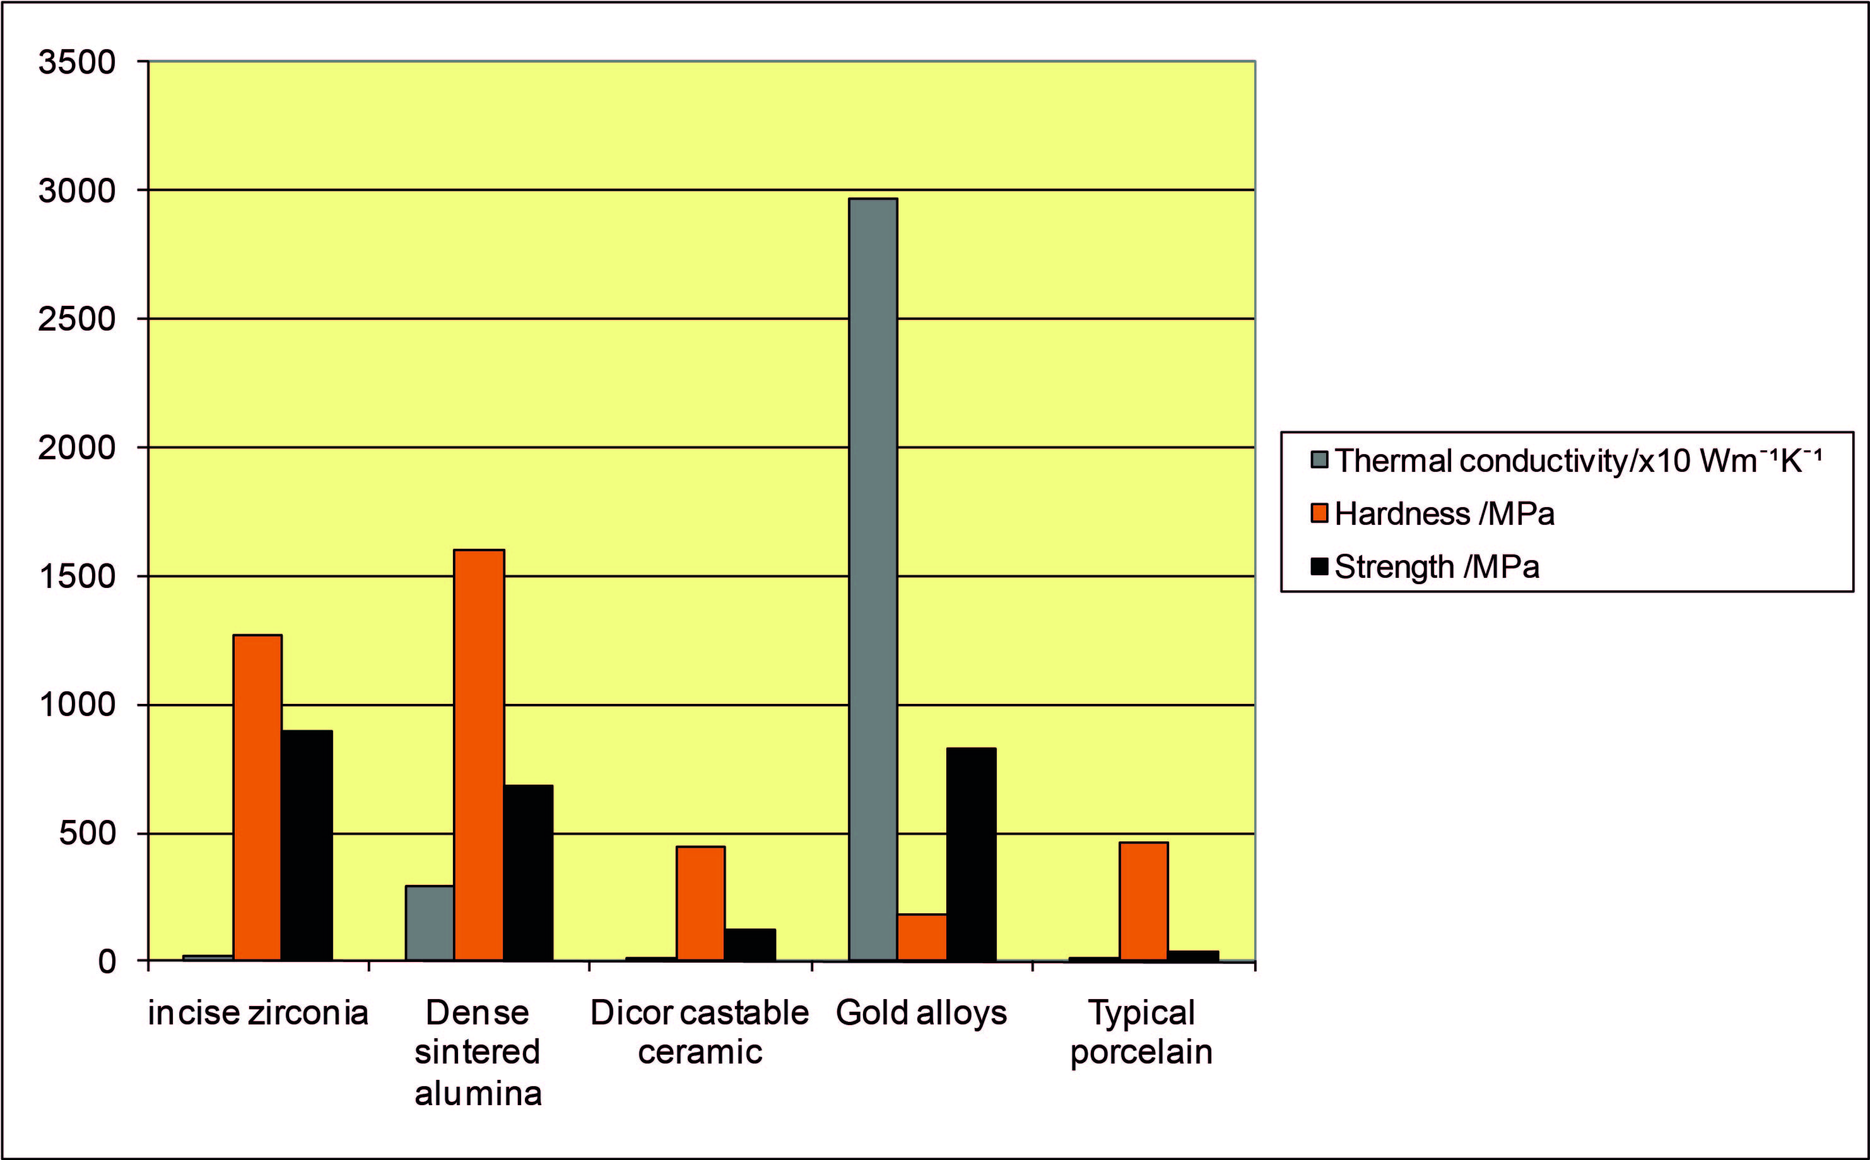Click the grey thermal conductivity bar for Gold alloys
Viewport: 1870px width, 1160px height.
(873, 579)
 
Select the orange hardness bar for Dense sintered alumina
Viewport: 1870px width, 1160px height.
(479, 755)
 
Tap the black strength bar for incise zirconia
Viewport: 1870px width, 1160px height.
(307, 845)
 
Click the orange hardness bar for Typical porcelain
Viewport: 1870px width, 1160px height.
(1143, 901)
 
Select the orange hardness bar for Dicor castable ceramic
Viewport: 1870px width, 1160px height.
(700, 903)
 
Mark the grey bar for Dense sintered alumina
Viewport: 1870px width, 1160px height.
(430, 923)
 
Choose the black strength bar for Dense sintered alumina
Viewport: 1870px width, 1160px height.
(528, 872)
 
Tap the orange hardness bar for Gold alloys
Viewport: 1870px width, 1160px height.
(922, 937)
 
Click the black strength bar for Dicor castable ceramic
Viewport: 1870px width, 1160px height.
(750, 944)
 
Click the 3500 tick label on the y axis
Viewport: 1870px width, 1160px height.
(77, 62)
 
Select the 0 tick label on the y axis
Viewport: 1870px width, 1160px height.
(107, 961)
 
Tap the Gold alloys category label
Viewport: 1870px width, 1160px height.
(920, 1012)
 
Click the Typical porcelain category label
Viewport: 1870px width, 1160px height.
(1141, 1032)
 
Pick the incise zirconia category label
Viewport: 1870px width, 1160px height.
(258, 1012)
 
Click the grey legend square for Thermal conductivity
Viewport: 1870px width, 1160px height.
(1319, 460)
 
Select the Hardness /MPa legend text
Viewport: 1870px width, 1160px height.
(1444, 513)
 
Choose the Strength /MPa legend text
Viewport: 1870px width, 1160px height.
(1437, 567)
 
